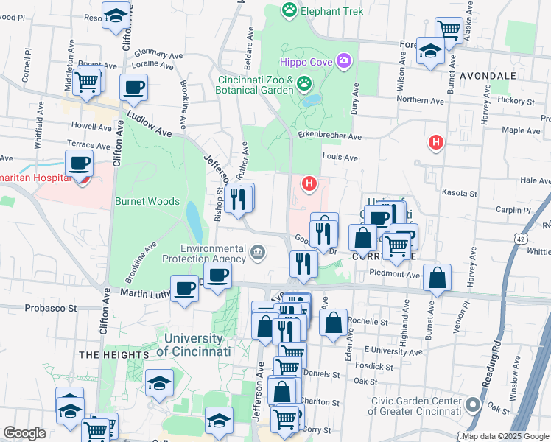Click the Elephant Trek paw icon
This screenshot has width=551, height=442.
coord(289,11)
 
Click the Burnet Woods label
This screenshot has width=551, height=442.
coord(147,201)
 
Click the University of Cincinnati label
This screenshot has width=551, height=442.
coord(195,344)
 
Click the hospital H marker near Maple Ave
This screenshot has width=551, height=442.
coord(436,141)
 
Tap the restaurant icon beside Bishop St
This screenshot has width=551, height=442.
coord(239,199)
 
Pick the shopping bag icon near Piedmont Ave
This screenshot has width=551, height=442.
coord(438,278)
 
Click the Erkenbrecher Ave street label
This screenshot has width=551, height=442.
coord(330,136)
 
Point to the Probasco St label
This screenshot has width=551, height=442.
coord(51,309)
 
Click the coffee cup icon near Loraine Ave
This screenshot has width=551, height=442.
coord(133,88)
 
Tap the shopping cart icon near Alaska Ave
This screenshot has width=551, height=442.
coord(449,30)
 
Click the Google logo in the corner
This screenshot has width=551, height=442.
coord(24,433)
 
